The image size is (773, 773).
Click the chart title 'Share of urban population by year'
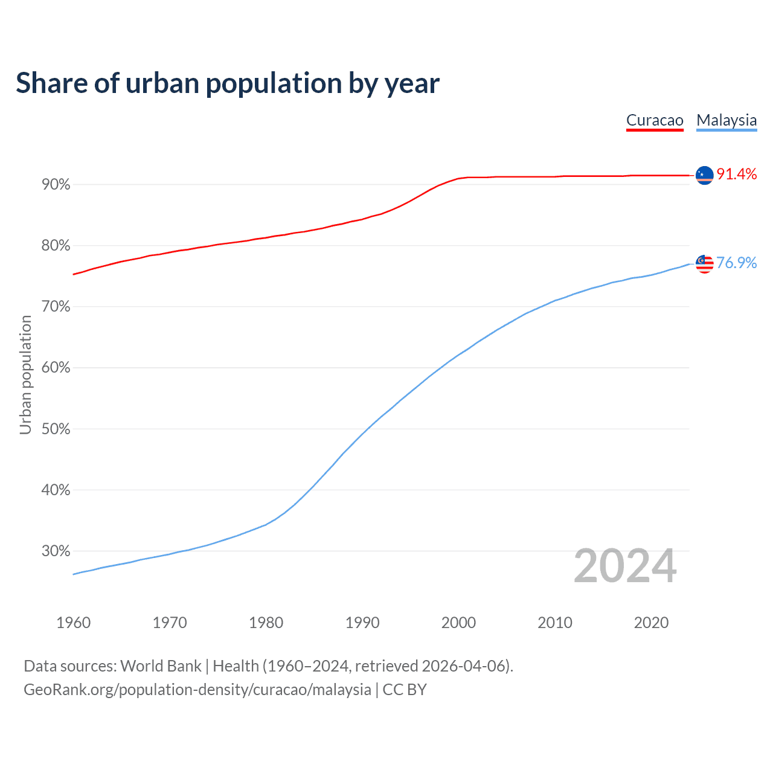coord(228,83)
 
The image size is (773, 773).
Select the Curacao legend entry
coord(655,120)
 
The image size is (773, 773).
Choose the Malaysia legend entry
coord(726,120)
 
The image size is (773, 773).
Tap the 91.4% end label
coord(737,175)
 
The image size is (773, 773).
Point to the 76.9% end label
coord(737,263)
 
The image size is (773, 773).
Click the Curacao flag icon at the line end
coord(705,175)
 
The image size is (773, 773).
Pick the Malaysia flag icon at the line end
coord(705,264)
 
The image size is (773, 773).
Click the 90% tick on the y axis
coord(56,185)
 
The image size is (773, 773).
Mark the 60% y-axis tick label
coord(56,368)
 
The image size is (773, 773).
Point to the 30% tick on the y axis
coord(56,551)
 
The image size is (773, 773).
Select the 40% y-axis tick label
coord(56,490)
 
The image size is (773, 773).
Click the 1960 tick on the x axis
coord(73,623)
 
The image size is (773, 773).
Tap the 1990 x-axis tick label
coord(362,623)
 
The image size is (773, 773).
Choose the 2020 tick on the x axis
coord(651,623)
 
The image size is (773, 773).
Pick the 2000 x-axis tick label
coord(458,623)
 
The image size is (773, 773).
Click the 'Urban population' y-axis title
coord(25,374)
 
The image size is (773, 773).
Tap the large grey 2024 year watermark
coord(625,566)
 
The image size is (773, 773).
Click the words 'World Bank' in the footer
coord(161,666)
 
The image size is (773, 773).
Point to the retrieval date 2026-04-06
coord(463,666)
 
